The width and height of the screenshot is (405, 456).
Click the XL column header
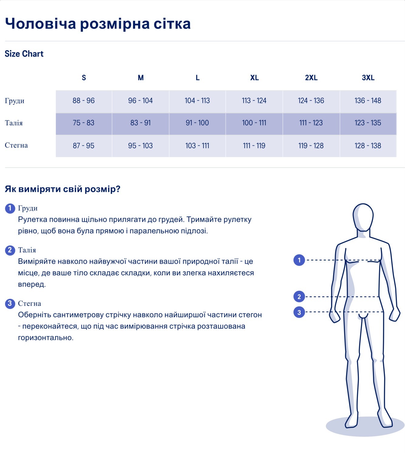(254, 78)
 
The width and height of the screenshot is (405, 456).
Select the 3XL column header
(368, 78)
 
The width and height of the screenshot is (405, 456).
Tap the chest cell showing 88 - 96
(83, 101)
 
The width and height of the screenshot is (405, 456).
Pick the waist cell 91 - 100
(197, 123)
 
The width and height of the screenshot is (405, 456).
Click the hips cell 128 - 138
(368, 146)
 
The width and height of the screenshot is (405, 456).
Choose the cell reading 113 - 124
(254, 101)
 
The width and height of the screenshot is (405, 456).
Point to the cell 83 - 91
(141, 123)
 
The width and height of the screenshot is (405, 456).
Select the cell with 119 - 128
(311, 146)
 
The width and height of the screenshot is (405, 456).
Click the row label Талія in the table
(14, 123)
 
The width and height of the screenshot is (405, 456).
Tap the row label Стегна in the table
(16, 145)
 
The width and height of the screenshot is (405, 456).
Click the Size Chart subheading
(24, 54)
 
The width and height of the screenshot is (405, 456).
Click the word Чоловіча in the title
(40, 24)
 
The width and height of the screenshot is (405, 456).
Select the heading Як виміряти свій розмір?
(63, 189)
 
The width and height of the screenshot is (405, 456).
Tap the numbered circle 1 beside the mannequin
(299, 260)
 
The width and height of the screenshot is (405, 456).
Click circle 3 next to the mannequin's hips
(299, 312)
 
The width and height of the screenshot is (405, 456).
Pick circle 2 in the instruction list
(10, 250)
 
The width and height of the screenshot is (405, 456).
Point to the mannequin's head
(363, 216)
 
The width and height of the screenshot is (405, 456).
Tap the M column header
(141, 78)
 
